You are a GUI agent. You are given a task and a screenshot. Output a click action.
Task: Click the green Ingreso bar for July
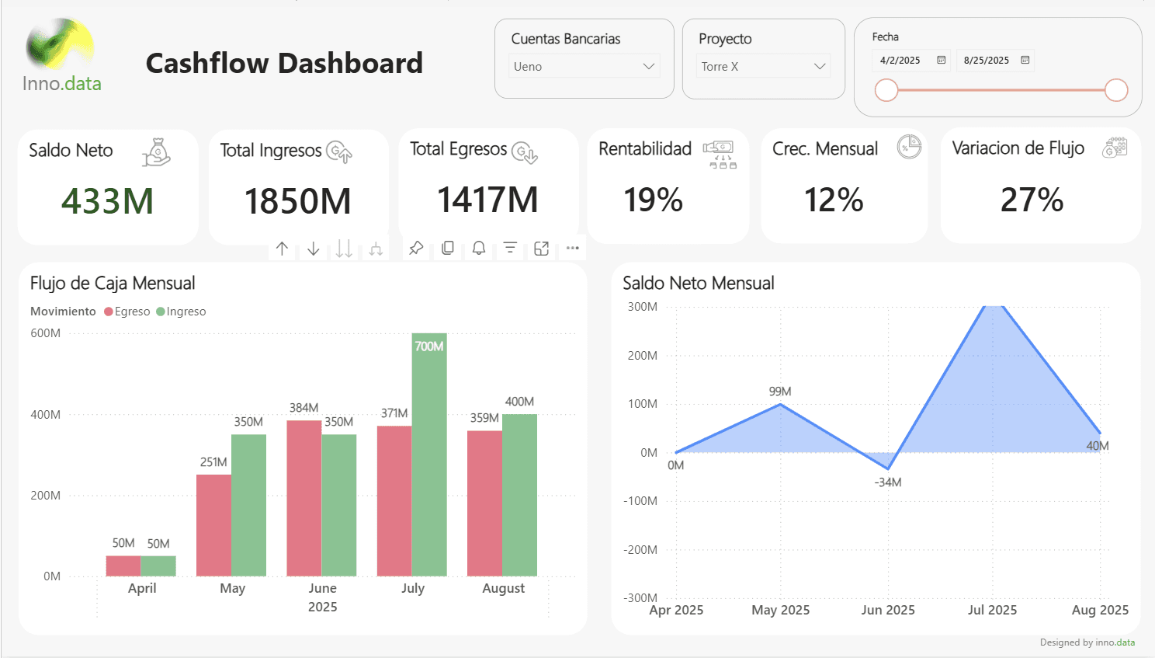click(x=429, y=458)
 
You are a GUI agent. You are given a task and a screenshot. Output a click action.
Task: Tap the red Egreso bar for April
click(x=123, y=566)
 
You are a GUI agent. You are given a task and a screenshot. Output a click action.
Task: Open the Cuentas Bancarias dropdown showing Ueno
click(x=584, y=67)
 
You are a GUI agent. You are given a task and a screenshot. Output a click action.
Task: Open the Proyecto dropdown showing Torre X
click(x=763, y=67)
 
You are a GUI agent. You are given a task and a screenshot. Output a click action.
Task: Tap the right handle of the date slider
click(x=1115, y=90)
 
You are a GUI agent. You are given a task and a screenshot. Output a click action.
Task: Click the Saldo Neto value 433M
click(x=107, y=201)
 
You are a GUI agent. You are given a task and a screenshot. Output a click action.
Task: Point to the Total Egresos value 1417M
click(x=487, y=200)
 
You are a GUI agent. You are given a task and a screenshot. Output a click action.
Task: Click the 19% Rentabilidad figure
click(x=653, y=200)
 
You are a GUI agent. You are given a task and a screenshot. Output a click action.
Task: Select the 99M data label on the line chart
click(x=780, y=392)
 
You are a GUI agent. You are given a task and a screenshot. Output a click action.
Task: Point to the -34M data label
click(x=888, y=482)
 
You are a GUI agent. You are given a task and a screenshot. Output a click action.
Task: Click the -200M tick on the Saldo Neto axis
click(x=640, y=550)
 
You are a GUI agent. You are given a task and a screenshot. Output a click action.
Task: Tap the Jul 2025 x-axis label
click(x=992, y=610)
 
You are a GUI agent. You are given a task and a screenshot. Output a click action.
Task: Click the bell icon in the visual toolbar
click(x=479, y=248)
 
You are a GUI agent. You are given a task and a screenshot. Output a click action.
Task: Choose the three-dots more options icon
click(x=573, y=248)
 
